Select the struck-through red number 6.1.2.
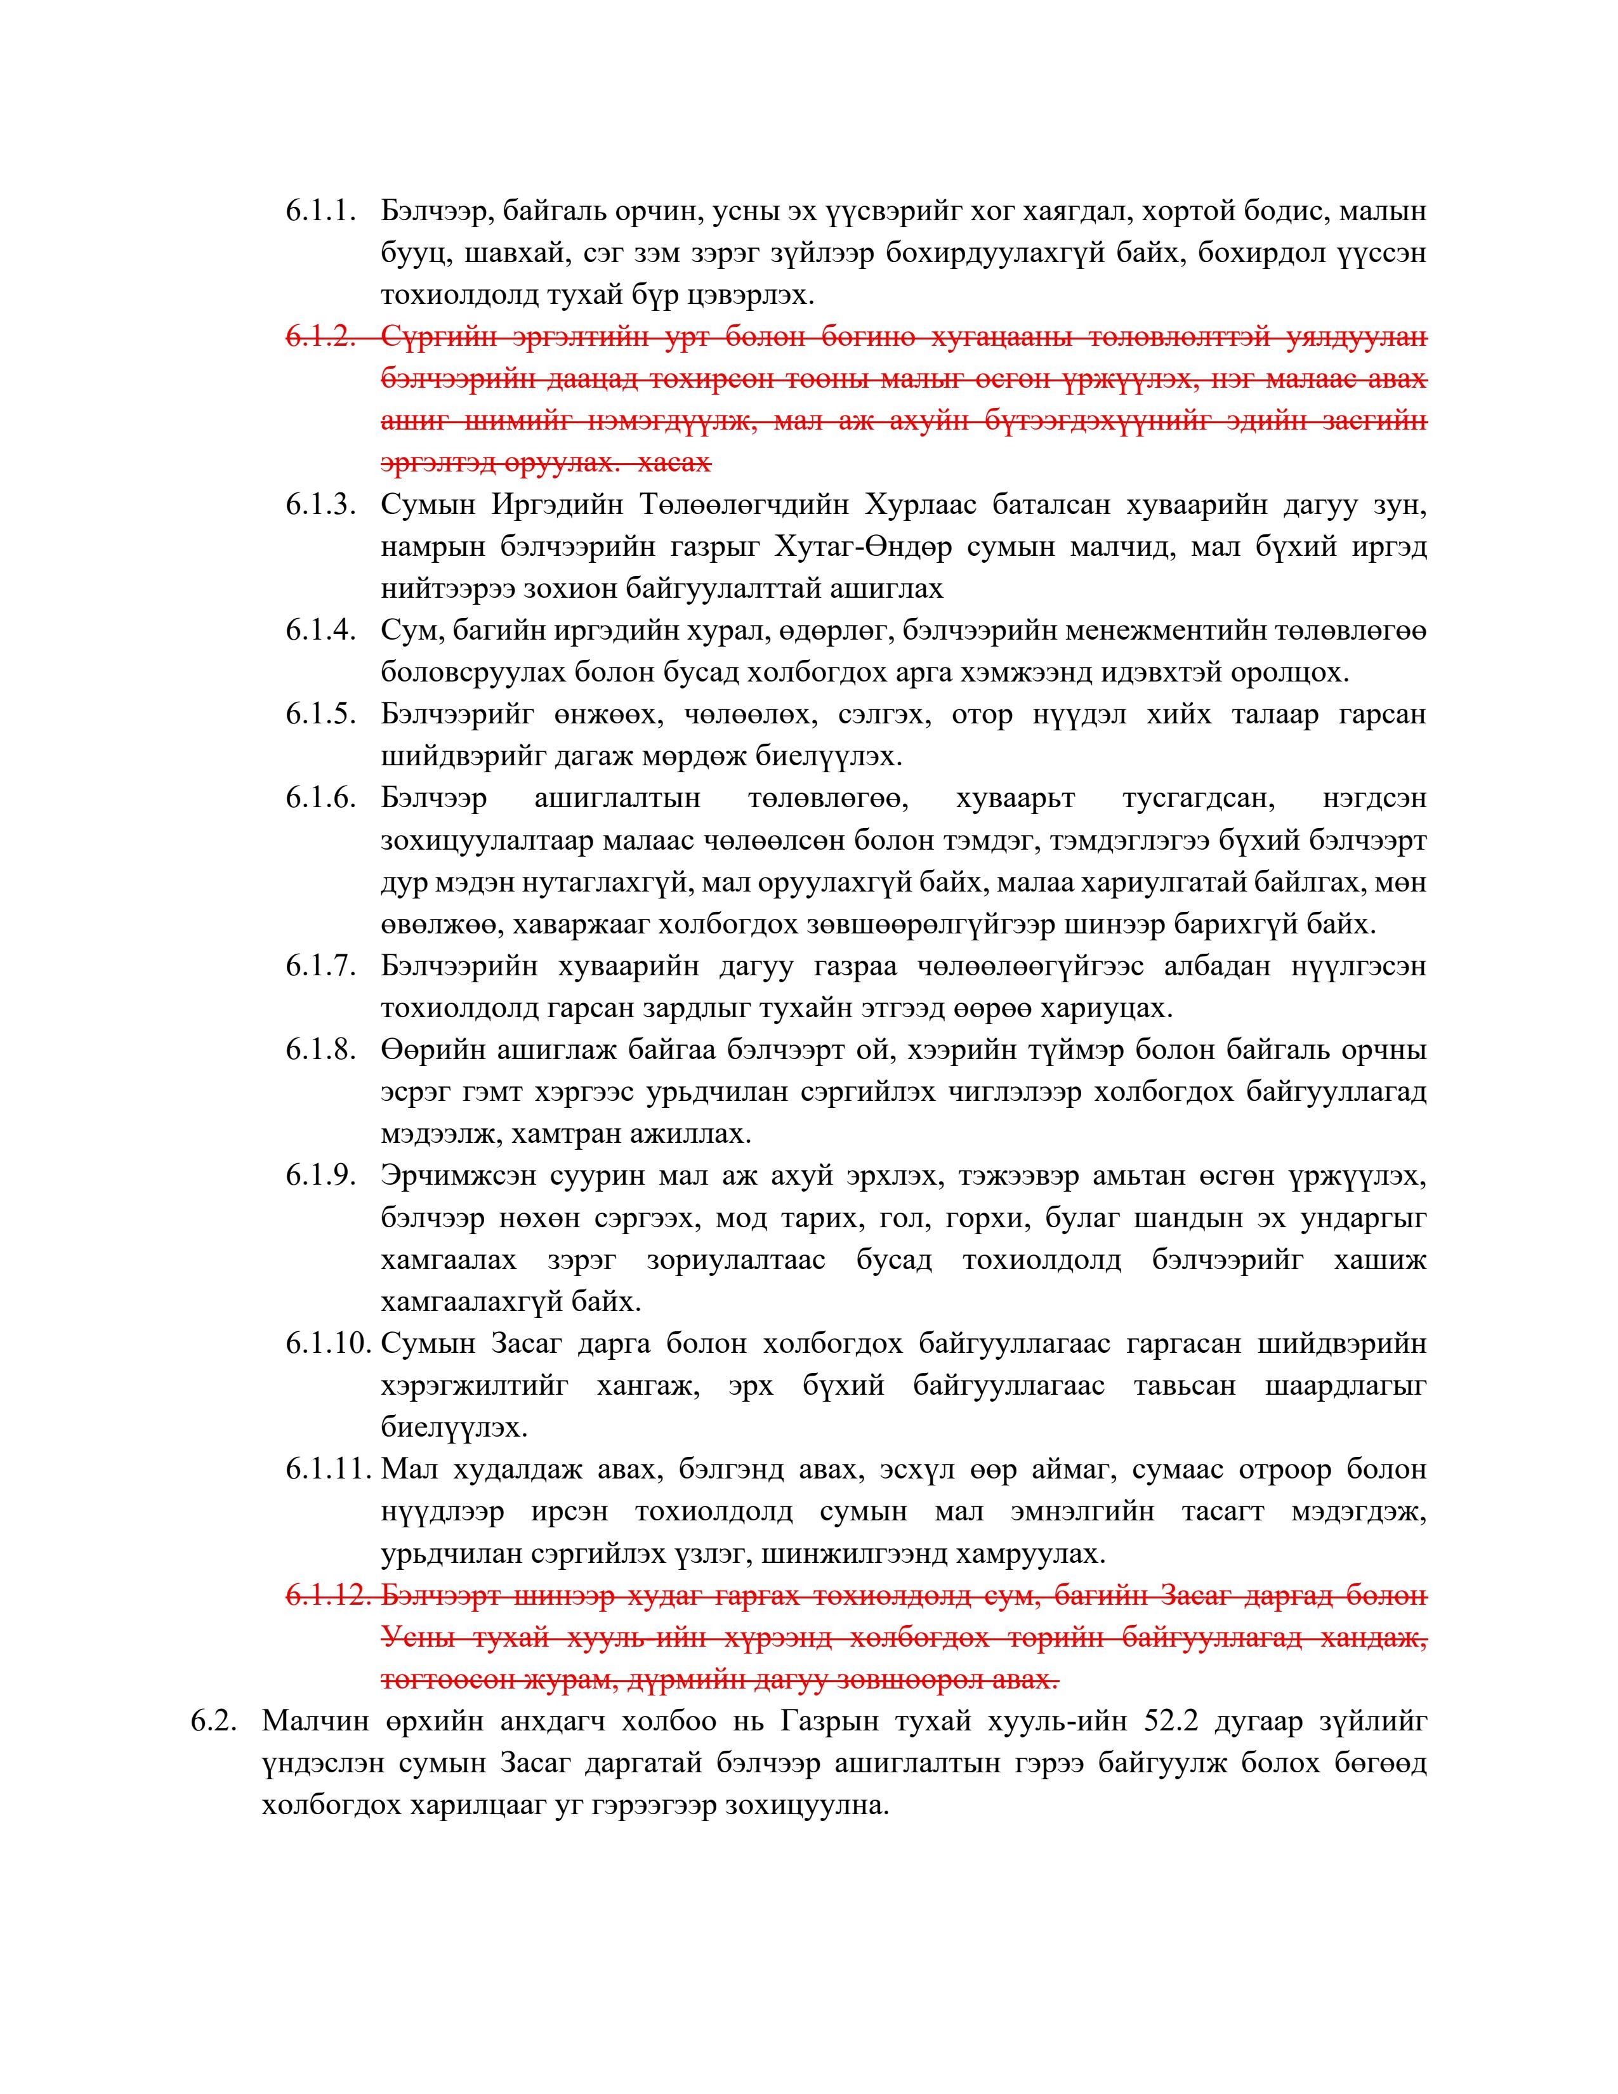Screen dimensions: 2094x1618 coord(320,338)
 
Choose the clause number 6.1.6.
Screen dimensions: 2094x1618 coord(320,799)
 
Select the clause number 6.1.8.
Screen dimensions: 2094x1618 coord(320,1051)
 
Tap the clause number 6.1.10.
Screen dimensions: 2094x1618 coord(327,1344)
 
